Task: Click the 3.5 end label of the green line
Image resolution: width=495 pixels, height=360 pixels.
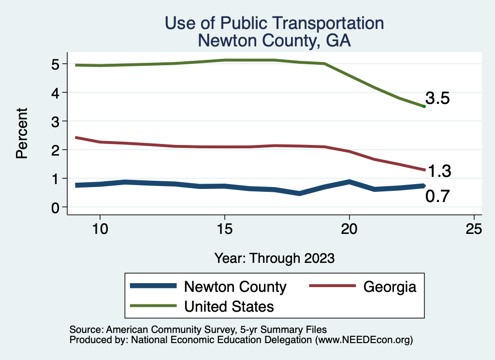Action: [438, 99]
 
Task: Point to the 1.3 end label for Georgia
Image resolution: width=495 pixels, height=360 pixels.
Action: [439, 171]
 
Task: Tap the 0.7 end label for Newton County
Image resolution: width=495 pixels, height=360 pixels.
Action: [438, 196]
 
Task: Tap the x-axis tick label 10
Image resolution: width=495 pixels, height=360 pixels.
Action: [100, 229]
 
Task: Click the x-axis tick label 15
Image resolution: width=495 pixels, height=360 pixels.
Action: [224, 229]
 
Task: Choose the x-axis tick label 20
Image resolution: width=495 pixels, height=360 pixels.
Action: [349, 229]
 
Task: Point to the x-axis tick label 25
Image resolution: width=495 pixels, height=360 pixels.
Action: [474, 229]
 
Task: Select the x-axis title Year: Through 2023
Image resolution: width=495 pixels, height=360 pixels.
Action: [274, 258]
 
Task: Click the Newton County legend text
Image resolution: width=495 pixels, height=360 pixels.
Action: [235, 287]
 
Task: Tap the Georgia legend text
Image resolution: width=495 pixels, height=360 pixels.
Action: [390, 287]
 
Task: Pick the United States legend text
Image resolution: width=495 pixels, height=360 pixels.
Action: [229, 306]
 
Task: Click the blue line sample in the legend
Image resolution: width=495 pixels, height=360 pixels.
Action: [154, 287]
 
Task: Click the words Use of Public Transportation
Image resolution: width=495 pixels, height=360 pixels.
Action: [274, 23]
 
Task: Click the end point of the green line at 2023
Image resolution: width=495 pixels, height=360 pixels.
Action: [424, 106]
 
